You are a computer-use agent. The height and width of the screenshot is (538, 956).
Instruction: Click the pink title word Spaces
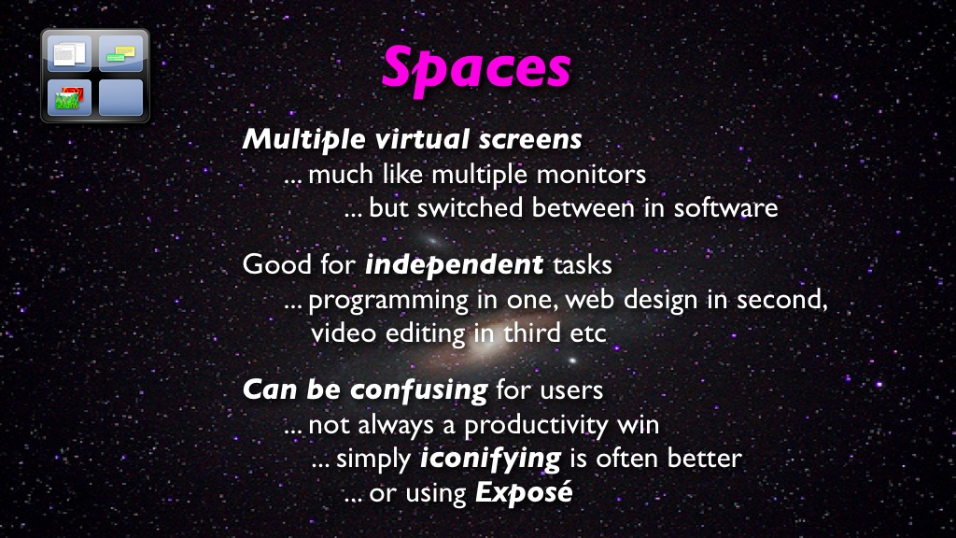(476, 68)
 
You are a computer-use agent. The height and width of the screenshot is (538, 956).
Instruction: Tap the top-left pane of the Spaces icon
(69, 53)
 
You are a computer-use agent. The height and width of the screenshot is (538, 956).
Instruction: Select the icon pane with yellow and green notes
(120, 53)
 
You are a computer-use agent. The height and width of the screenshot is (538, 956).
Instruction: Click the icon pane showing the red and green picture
(69, 97)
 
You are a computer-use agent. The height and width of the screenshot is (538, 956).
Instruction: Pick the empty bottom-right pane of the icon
(120, 97)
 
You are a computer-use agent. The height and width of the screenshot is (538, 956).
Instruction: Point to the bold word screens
(530, 140)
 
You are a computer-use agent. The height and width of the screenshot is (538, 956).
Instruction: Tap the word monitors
(591, 175)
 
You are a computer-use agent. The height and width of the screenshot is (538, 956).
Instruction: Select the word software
(725, 207)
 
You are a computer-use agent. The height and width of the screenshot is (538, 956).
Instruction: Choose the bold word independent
(454, 265)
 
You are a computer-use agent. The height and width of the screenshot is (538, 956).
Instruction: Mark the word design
(660, 300)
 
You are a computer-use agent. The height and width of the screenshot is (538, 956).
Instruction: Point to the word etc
(588, 334)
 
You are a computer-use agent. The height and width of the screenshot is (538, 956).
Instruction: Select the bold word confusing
(419, 390)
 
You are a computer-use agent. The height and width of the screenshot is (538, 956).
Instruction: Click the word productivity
(536, 426)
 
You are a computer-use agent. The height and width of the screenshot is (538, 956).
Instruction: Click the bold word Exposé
(525, 492)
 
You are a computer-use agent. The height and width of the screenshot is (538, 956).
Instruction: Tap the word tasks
(583, 265)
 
